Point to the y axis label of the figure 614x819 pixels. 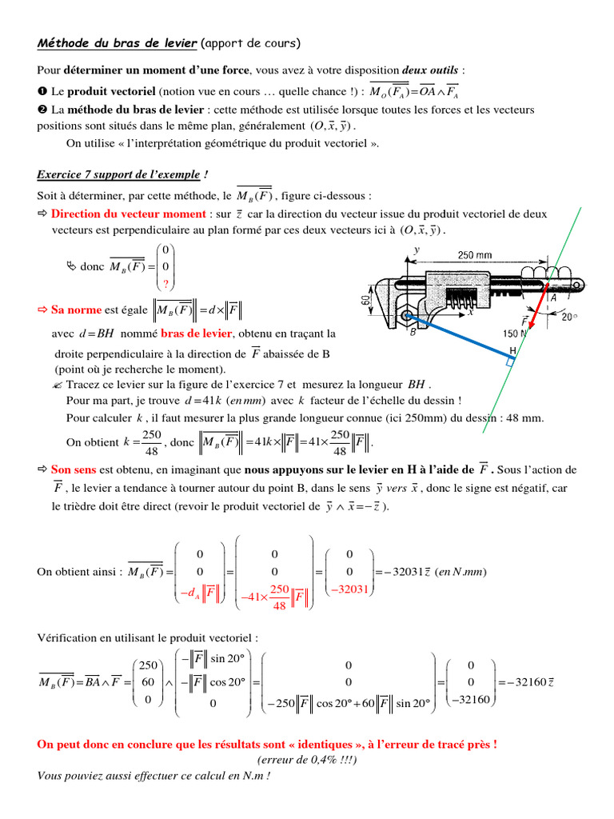417,250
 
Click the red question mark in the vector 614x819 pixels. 165,284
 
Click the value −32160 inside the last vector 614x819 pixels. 472,700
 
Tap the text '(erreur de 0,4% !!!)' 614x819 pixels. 308,759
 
